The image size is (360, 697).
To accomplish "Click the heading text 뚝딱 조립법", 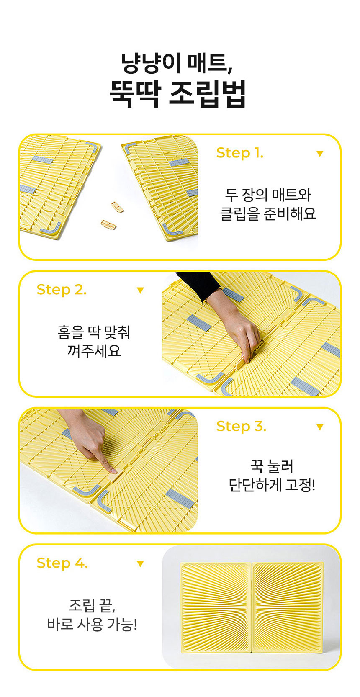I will [x=177, y=94].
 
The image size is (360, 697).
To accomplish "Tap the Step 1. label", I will [x=239, y=153].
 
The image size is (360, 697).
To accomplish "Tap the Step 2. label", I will [x=62, y=290].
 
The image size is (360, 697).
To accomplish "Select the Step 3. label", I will [x=241, y=426].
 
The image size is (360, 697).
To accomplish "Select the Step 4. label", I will [x=62, y=563].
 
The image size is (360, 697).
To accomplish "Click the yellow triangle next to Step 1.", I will [x=320, y=154].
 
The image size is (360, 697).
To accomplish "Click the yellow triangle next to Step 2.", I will [x=140, y=290].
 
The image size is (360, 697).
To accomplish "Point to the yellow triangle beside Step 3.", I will [x=320, y=427].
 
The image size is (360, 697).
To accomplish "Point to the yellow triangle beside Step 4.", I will [x=140, y=564].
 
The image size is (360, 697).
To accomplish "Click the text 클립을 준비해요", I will [x=268, y=214].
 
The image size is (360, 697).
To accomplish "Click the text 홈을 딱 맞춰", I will [x=94, y=332].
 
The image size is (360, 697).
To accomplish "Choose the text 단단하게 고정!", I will [x=272, y=485].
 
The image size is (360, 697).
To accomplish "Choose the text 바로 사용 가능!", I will [x=92, y=624].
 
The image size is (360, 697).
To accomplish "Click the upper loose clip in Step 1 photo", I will [x=118, y=207].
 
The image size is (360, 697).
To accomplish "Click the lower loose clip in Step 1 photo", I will [x=108, y=225].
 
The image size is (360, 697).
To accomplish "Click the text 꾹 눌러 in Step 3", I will [x=272, y=466].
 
